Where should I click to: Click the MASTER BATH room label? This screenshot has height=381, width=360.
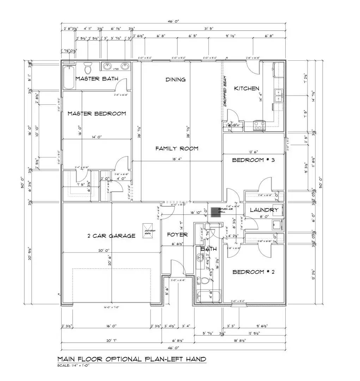(x=97, y=78)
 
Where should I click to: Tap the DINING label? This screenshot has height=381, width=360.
(x=176, y=80)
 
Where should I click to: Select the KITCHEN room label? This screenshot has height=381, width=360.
(x=246, y=88)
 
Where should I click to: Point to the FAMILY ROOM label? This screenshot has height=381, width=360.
(x=177, y=149)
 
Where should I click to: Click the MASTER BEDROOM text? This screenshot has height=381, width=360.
(x=97, y=114)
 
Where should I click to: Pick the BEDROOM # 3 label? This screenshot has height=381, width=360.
(x=253, y=160)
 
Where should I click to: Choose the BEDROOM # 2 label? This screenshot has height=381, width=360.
(x=253, y=272)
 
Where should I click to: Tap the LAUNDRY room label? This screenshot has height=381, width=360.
(x=264, y=210)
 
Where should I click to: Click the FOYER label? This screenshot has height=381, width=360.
(x=177, y=235)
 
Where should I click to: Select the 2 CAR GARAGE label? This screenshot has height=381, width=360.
(x=111, y=236)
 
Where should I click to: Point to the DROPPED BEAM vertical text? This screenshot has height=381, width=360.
(x=225, y=91)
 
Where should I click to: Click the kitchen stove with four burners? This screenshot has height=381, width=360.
(x=260, y=125)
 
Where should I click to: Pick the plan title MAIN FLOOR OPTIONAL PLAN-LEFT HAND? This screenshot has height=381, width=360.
(x=132, y=359)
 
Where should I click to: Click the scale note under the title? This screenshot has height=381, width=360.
(x=73, y=365)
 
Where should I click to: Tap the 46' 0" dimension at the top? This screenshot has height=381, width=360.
(x=173, y=21)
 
